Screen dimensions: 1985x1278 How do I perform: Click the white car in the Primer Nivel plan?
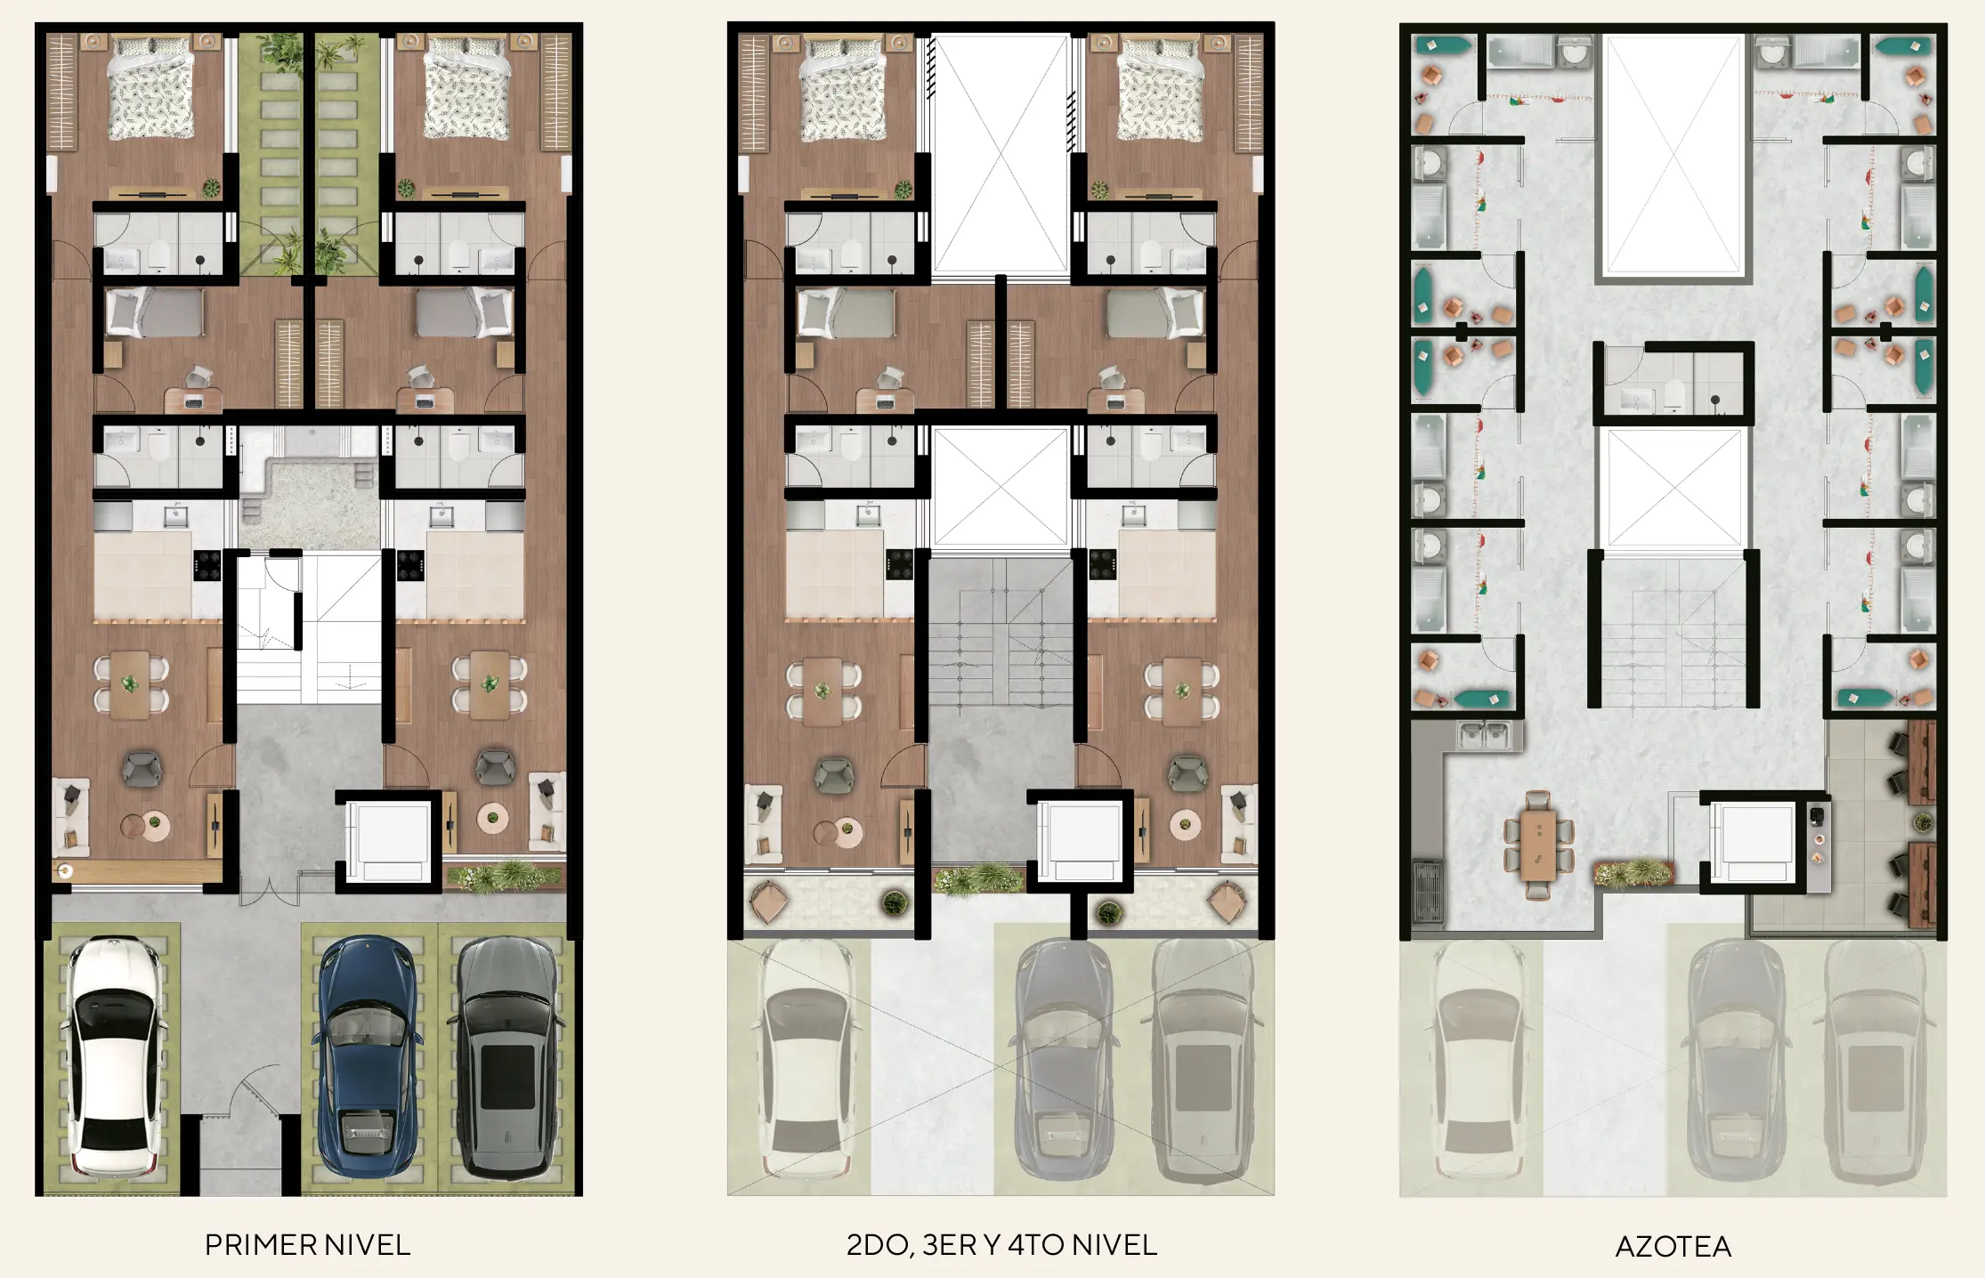click(113, 1059)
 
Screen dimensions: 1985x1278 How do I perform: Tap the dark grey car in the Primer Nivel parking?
click(506, 1057)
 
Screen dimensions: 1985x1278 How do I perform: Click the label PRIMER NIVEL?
click(307, 1244)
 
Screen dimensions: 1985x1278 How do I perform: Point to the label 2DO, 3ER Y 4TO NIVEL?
click(1001, 1244)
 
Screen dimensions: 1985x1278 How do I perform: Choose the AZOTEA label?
click(1673, 1246)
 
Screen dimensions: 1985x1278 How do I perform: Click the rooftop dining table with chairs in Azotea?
click(1538, 845)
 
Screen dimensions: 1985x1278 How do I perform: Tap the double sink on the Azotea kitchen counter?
click(1484, 735)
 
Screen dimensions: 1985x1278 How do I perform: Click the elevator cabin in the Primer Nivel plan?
click(389, 841)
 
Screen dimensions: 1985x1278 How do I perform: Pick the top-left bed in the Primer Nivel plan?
click(151, 88)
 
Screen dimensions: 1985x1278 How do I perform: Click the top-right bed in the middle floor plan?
click(1158, 88)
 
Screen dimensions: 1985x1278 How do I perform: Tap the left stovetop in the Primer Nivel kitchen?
click(207, 565)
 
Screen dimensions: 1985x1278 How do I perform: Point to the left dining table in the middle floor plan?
click(823, 691)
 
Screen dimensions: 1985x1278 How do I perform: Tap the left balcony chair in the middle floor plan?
click(768, 902)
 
